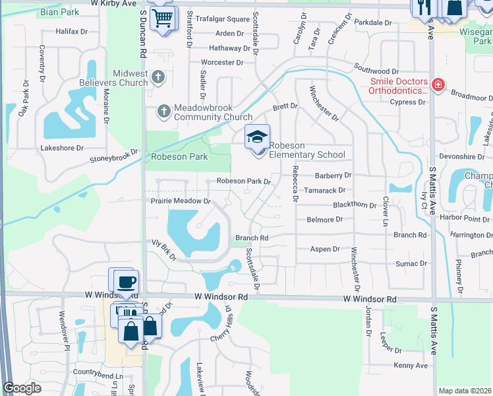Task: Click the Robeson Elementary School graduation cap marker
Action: [257, 137]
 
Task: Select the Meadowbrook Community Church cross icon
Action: [165, 111]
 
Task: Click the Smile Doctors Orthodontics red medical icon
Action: [437, 85]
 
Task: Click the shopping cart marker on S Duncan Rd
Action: [162, 18]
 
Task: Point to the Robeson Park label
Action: [179, 157]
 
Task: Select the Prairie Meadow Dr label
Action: [180, 201]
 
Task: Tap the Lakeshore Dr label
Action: [62, 148]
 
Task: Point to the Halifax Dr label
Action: [72, 32]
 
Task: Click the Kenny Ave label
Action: [411, 366]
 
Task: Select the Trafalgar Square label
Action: [225, 19]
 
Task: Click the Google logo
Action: [22, 388]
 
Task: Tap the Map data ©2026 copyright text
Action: [464, 391]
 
